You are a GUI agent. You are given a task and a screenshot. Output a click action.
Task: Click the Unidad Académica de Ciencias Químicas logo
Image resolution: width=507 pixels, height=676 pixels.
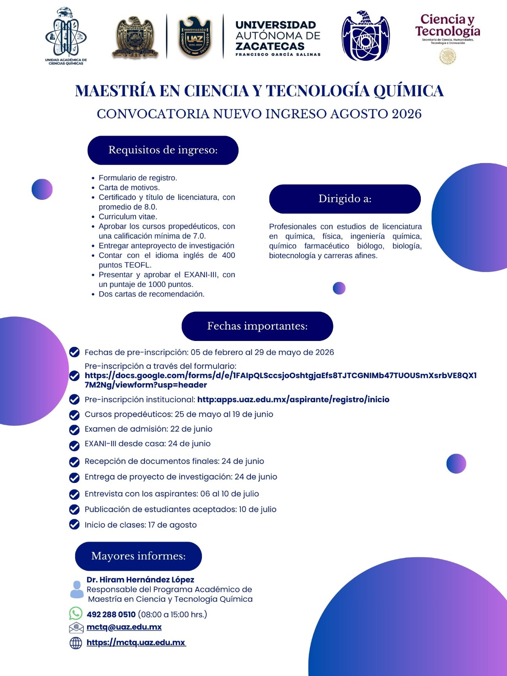tap(66, 36)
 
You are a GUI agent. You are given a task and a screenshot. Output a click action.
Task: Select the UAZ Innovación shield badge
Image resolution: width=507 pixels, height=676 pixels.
tap(195, 37)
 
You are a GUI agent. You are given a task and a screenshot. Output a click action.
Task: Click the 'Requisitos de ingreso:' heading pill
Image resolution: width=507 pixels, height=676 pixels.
tap(163, 150)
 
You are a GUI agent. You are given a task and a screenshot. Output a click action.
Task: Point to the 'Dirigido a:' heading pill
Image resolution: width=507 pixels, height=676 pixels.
tap(345, 199)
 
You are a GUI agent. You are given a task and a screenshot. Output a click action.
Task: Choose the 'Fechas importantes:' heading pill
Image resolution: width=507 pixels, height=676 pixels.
tap(257, 326)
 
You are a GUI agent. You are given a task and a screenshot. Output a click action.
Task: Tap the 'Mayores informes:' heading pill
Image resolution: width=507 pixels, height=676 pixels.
tap(139, 556)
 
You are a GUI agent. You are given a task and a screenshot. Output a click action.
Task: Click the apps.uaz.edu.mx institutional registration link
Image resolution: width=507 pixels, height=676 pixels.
tap(293, 399)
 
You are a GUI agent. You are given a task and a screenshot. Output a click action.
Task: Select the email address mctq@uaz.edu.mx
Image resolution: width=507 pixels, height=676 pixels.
tap(124, 627)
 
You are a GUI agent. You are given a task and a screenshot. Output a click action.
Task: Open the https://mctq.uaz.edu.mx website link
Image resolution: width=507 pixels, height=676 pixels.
tap(136, 643)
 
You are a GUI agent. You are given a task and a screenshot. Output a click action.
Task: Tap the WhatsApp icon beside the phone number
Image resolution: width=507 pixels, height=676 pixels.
tap(76, 613)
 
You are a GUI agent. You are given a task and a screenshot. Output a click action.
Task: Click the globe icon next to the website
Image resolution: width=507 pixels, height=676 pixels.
tap(76, 643)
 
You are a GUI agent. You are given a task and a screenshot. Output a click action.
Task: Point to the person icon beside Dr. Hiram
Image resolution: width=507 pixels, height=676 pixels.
tap(76, 589)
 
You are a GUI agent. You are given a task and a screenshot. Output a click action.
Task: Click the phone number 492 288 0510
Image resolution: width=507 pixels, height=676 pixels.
tap(111, 614)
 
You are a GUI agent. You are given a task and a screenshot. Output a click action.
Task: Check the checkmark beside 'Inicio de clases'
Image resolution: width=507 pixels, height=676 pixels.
tap(74, 524)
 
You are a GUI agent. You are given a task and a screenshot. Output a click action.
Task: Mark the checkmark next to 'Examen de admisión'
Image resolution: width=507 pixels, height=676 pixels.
tap(74, 430)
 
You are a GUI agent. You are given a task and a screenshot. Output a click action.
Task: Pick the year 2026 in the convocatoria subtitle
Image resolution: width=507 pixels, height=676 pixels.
tap(406, 114)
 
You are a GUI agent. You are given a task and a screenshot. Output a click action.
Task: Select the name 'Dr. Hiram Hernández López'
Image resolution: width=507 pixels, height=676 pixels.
tap(140, 580)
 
